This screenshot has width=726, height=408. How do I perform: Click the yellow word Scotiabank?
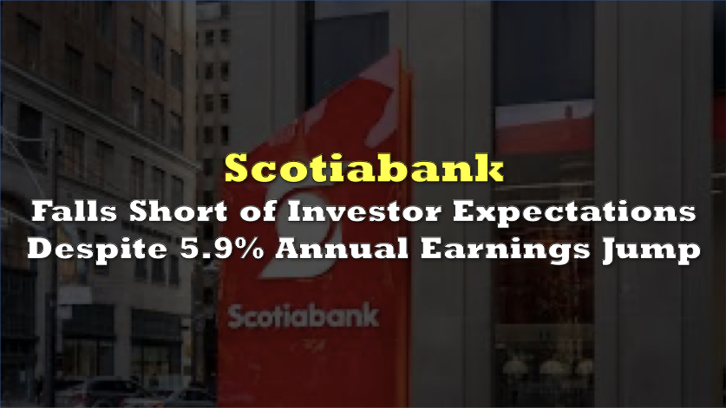tap(364, 168)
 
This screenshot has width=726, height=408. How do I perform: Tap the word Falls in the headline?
tap(75, 211)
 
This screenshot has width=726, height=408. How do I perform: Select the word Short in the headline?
tap(178, 211)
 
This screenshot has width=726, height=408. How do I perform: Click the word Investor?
tap(364, 211)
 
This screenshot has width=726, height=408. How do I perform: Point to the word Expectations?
tap(574, 212)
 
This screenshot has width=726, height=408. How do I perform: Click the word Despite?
tap(97, 249)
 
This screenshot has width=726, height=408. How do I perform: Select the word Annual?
tap(342, 249)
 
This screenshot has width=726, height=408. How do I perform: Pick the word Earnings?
tap(505, 249)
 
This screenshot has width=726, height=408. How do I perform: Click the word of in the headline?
tap(258, 211)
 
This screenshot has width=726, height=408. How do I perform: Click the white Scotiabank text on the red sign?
tap(304, 316)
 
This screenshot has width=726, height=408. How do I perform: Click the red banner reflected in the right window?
tap(545, 128)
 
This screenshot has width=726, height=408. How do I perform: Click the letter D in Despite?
tap(39, 249)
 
